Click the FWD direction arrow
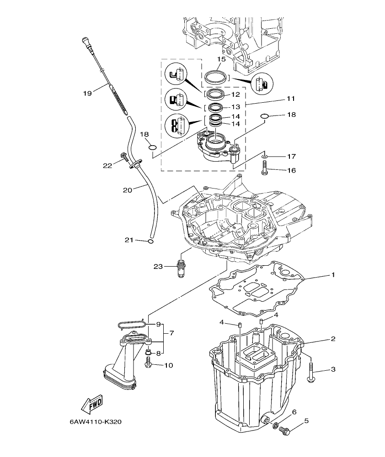pos(92,404)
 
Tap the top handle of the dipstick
pos(86,43)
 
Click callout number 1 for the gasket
pos(333,275)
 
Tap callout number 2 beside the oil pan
pos(333,339)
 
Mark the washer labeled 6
pos(276,426)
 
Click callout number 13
pos(235,106)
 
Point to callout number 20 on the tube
pos(127,189)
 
